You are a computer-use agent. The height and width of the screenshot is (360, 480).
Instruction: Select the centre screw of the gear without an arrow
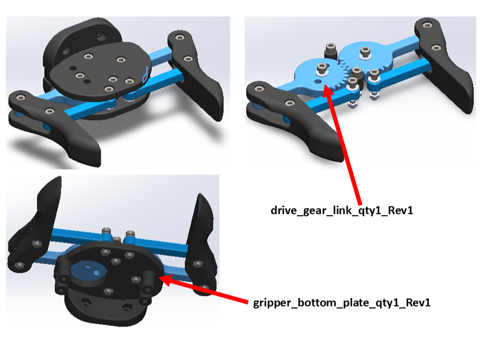coord(364,52)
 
